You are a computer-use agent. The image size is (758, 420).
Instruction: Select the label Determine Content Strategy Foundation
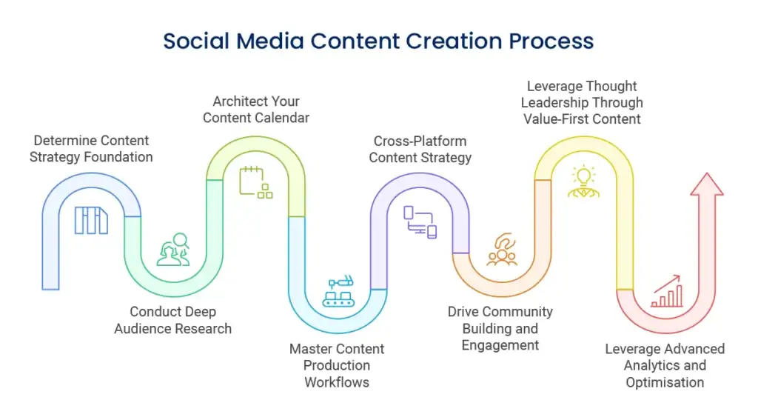click(x=92, y=149)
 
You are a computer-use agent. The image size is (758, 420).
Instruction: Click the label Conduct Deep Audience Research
click(x=172, y=320)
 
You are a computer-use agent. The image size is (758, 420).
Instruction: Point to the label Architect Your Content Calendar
click(x=256, y=110)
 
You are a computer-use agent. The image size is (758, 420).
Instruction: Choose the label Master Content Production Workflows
click(x=337, y=365)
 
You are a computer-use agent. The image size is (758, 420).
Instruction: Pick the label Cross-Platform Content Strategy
click(x=420, y=149)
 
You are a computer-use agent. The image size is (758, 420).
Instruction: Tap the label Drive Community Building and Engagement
click(x=500, y=328)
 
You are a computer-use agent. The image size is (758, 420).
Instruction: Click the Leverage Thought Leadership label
click(x=582, y=102)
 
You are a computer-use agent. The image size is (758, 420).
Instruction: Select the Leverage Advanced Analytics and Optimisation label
click(x=665, y=365)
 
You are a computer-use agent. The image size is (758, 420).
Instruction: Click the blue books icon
click(x=91, y=220)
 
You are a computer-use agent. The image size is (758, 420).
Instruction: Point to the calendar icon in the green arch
click(x=255, y=183)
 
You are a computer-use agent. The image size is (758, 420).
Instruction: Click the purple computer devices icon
click(x=420, y=221)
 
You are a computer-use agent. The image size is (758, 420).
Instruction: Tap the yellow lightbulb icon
click(x=583, y=181)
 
